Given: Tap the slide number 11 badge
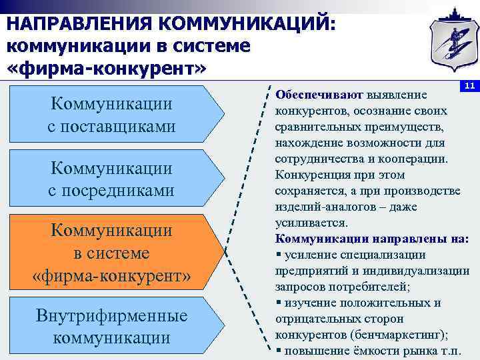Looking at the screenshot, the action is point(469,86).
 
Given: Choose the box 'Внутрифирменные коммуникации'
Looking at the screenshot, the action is point(112,326).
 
